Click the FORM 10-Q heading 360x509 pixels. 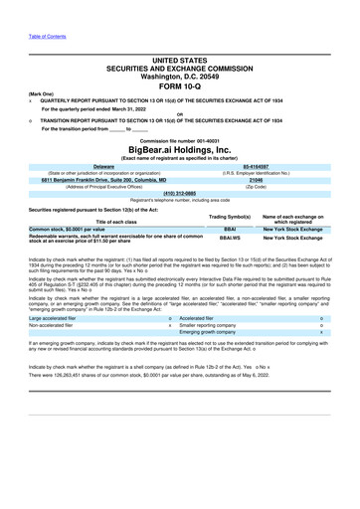(x=179, y=86)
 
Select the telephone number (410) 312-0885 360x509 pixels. (x=179, y=194)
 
